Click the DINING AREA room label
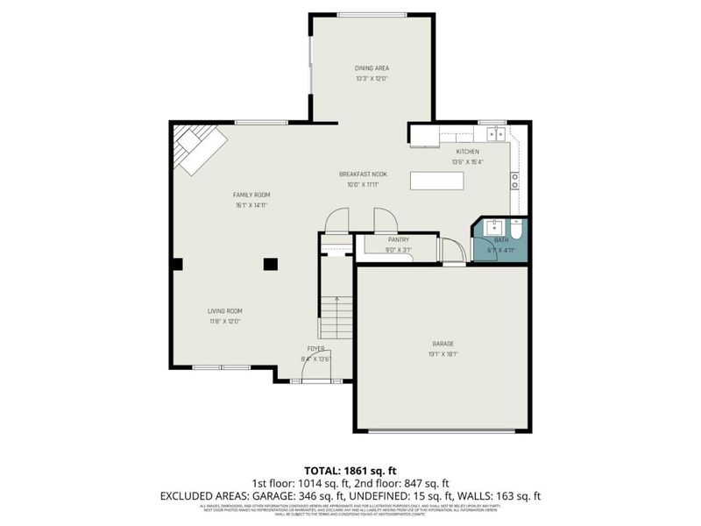372,68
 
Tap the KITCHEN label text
467,152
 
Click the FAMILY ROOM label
251,195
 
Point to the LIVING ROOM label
224,310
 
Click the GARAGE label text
442,344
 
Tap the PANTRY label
400,239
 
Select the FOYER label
315,349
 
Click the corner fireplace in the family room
198,146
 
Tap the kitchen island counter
436,181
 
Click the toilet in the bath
517,232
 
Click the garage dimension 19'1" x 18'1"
442,354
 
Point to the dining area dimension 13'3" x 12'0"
372,78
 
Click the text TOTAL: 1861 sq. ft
350,471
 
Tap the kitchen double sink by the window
495,134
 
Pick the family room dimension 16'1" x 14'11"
251,205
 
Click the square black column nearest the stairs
270,262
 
